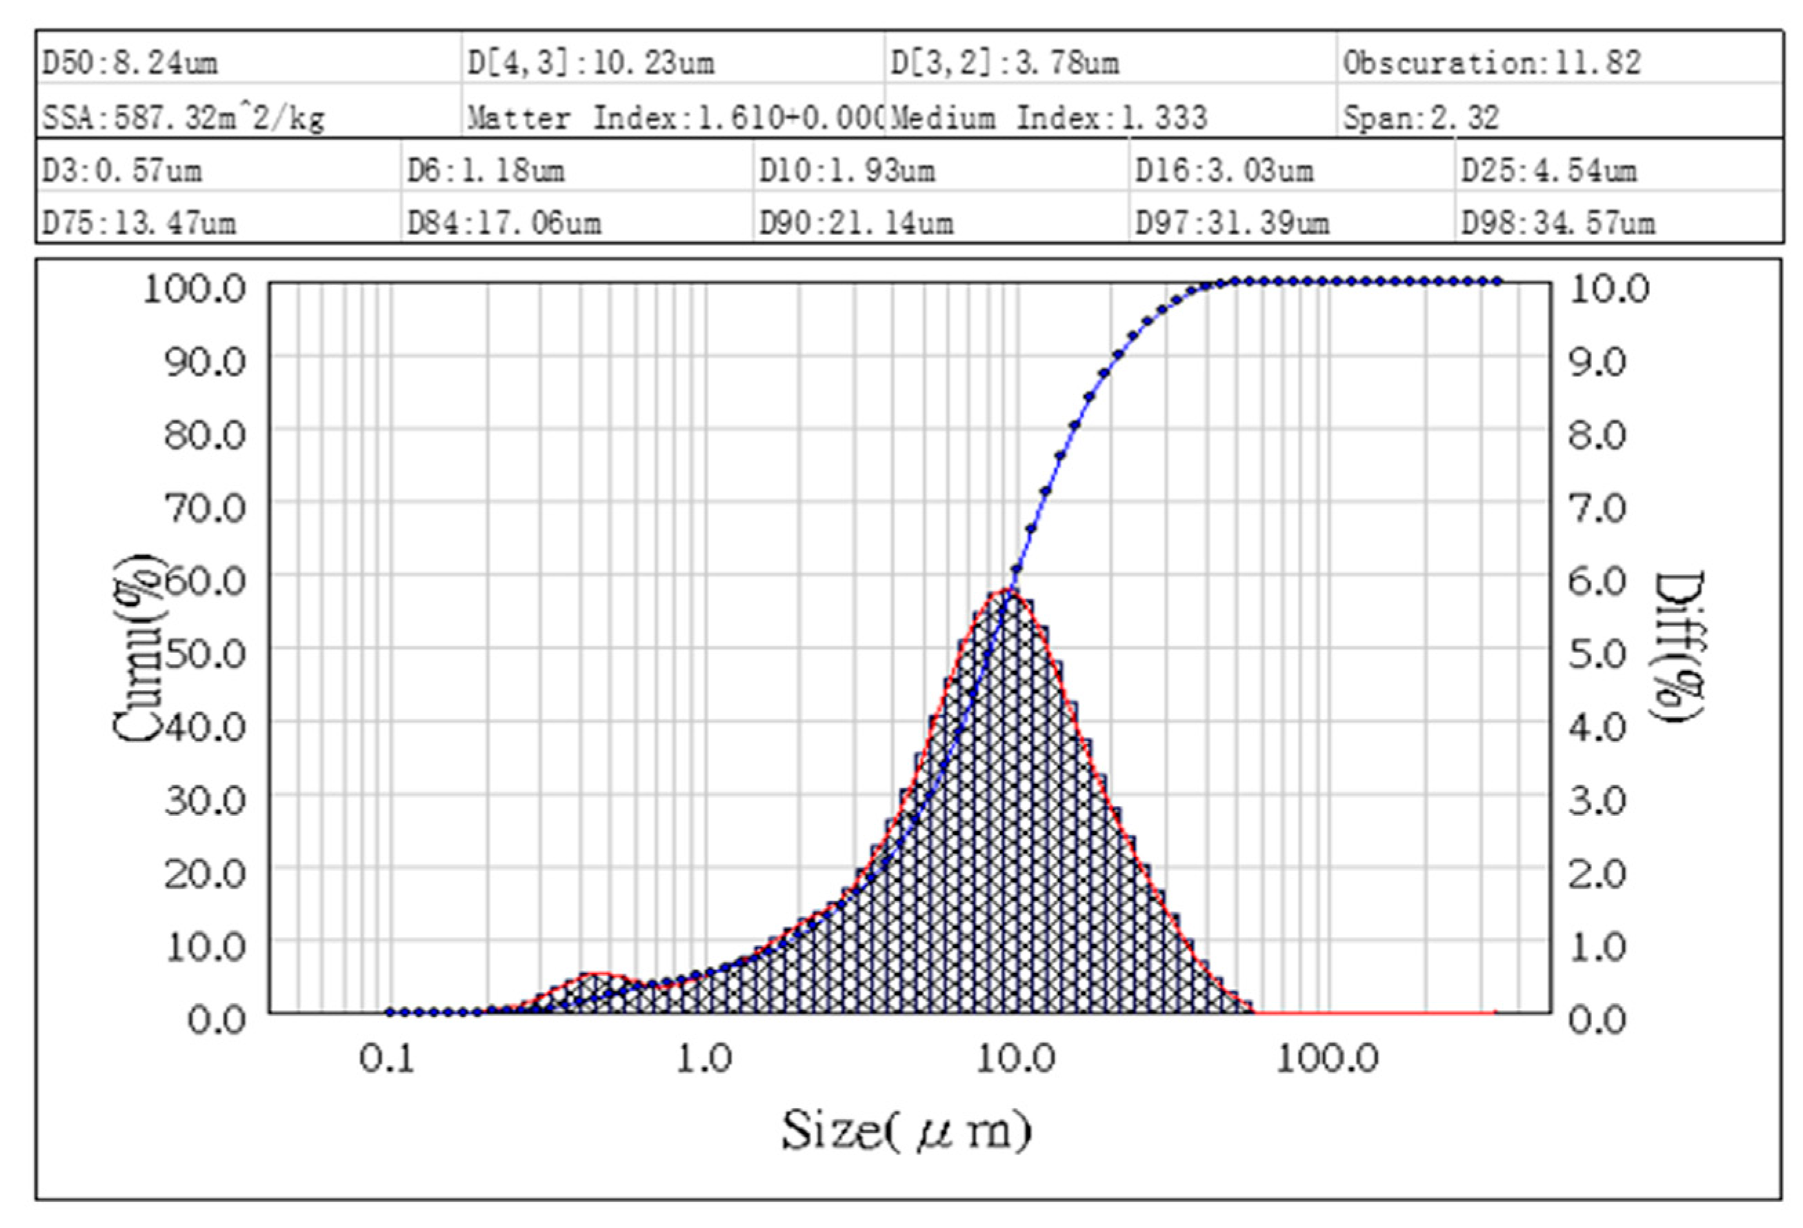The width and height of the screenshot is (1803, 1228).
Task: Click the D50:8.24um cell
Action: coord(130,62)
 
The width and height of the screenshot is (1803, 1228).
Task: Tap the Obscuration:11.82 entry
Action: coord(1492,62)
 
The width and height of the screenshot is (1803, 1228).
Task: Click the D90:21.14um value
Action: coord(856,223)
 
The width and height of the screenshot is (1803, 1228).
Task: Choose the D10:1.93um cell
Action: coord(846,170)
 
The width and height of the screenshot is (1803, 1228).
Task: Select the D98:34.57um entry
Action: coord(1558,223)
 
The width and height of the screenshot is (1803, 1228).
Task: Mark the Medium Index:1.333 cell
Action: coord(1049,117)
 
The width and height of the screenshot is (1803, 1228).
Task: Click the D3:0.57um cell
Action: coord(122,170)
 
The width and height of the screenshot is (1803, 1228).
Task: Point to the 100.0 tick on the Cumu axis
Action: coord(194,289)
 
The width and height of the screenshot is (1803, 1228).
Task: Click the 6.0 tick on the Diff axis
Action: coord(1597,581)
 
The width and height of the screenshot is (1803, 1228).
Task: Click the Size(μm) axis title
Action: coord(906,1130)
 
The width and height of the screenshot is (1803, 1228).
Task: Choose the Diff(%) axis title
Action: coord(1679,647)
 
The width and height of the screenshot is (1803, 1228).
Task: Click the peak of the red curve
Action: coord(1007,590)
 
